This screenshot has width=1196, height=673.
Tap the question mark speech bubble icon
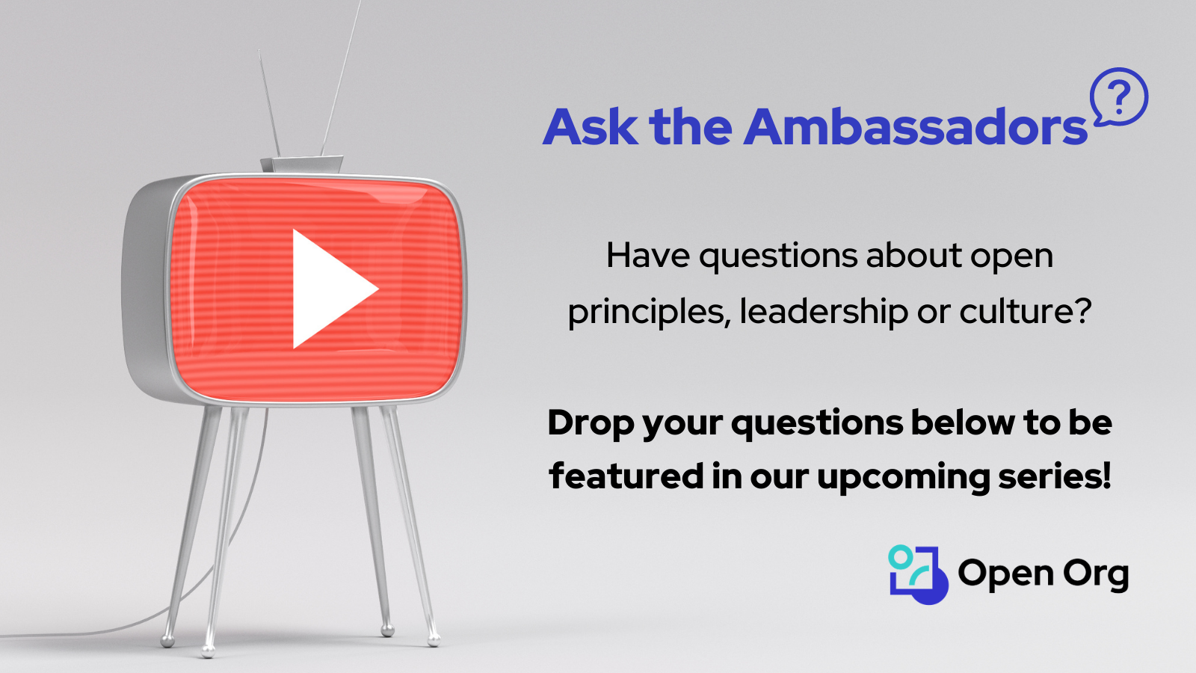coord(1119,97)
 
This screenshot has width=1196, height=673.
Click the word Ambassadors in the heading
coord(916,127)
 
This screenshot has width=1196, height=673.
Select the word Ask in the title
coord(591,127)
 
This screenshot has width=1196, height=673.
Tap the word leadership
coord(824,312)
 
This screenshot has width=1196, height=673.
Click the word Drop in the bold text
coord(591,423)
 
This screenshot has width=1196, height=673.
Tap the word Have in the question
coord(647,256)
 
